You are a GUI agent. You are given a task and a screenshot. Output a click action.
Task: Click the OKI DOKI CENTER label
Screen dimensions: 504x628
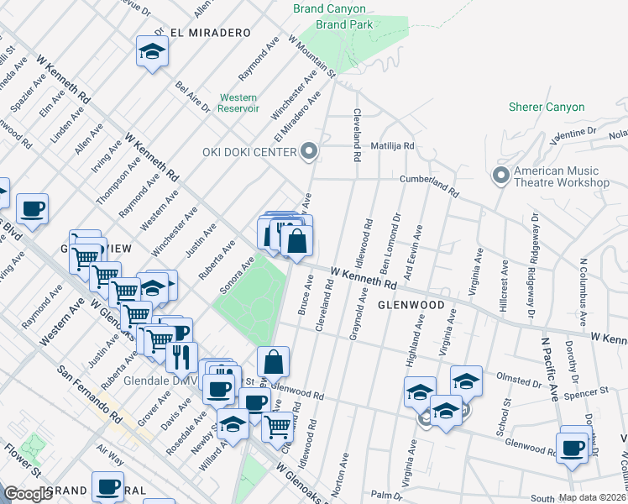(249, 152)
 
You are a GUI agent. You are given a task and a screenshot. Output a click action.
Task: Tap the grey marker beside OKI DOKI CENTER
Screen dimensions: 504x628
(310, 152)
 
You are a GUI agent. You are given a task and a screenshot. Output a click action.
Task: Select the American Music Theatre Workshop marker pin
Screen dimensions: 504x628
(501, 176)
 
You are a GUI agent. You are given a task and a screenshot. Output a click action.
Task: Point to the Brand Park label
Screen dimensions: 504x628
(344, 25)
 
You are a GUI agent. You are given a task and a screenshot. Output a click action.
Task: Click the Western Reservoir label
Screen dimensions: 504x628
(238, 102)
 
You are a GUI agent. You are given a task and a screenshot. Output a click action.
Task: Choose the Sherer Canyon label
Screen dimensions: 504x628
(547, 108)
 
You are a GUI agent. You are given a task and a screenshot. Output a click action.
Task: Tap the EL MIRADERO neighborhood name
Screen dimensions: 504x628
(210, 33)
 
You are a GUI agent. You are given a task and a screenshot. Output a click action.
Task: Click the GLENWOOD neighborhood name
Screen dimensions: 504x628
(410, 305)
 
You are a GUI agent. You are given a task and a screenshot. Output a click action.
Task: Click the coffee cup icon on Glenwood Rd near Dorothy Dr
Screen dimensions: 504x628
(573, 447)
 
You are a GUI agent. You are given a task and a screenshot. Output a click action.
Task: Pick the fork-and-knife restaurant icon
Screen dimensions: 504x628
(181, 357)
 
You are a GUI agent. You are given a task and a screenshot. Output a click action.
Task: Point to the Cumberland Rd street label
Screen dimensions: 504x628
(429, 186)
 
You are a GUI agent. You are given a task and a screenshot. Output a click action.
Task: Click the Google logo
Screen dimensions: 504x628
(28, 493)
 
